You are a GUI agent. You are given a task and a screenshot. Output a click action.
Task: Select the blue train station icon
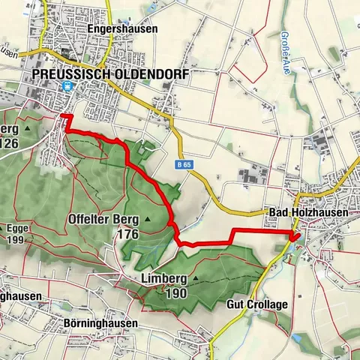point(68,85)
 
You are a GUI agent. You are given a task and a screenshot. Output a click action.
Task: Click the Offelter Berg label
point(105,219)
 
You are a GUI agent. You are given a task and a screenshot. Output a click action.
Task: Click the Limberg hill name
point(163,278)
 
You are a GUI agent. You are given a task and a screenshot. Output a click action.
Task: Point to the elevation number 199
point(15,240)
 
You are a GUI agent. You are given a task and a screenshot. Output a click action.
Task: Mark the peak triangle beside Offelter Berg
point(148,219)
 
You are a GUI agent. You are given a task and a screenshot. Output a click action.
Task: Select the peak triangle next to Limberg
point(196,278)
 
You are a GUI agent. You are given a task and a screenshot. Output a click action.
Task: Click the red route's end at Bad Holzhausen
point(293,238)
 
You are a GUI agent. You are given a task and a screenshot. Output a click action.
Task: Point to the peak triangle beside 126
point(28,128)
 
